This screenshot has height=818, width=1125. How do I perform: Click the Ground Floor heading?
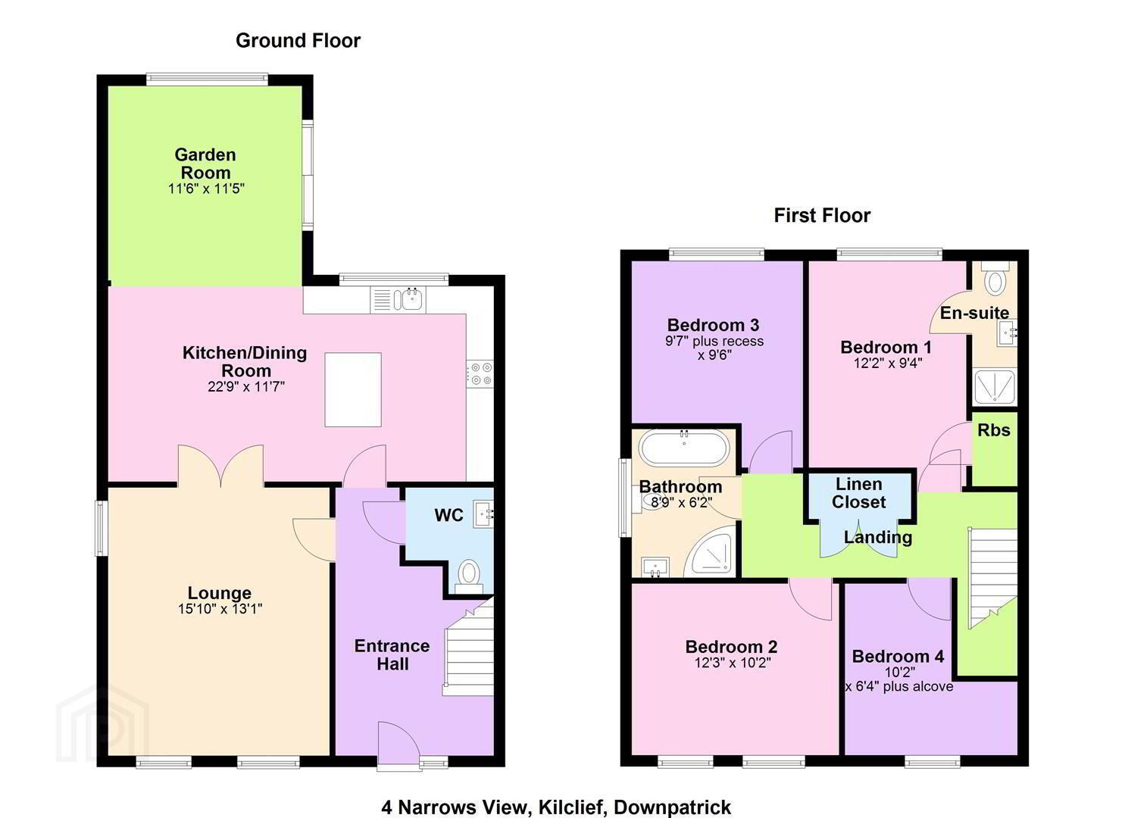[298, 41]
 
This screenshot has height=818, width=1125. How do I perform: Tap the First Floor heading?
[822, 215]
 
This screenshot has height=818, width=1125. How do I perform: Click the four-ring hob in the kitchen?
[480, 374]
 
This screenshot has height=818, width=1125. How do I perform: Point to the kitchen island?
[353, 389]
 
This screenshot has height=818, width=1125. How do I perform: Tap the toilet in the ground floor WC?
[469, 577]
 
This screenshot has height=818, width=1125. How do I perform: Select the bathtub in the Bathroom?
[684, 448]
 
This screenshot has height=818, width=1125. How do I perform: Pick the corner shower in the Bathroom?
[711, 554]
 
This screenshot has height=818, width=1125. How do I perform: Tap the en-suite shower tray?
[995, 387]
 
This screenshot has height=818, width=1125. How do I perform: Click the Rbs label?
[994, 430]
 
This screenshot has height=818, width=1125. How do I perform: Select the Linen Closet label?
[859, 493]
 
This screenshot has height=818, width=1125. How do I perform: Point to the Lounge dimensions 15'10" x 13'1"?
[220, 609]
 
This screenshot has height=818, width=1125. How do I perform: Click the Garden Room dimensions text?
[206, 189]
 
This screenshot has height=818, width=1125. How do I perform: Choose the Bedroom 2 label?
[731, 646]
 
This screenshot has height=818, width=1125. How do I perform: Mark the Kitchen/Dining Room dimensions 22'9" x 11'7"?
[246, 387]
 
